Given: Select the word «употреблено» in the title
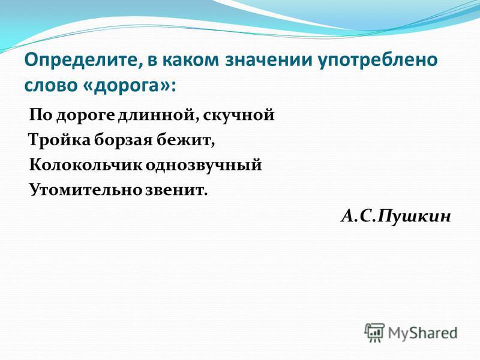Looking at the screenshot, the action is tap(378, 61).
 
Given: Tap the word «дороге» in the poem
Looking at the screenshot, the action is tap(86, 116).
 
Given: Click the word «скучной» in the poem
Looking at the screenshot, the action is tap(238, 116).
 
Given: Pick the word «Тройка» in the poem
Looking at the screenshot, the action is tap(60, 140).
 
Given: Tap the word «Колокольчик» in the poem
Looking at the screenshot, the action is tap(86, 166).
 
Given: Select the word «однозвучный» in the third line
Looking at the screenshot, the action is tap(203, 166).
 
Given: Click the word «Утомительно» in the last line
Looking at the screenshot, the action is tap(86, 190).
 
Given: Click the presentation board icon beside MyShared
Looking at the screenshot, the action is tap(374, 333).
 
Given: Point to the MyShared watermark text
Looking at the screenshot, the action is tap(423, 333).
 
